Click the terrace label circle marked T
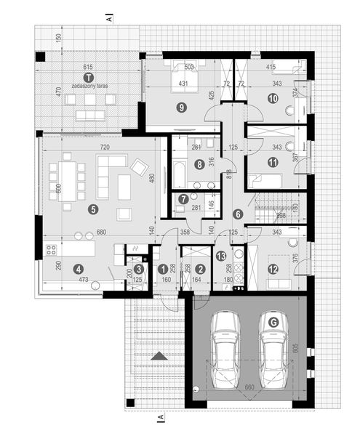tap(87, 76)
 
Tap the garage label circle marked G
tap(273, 321)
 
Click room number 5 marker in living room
tap(92, 209)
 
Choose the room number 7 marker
tap(183, 198)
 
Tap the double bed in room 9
tap(179, 78)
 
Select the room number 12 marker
tap(273, 269)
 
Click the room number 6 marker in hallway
tap(237, 214)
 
